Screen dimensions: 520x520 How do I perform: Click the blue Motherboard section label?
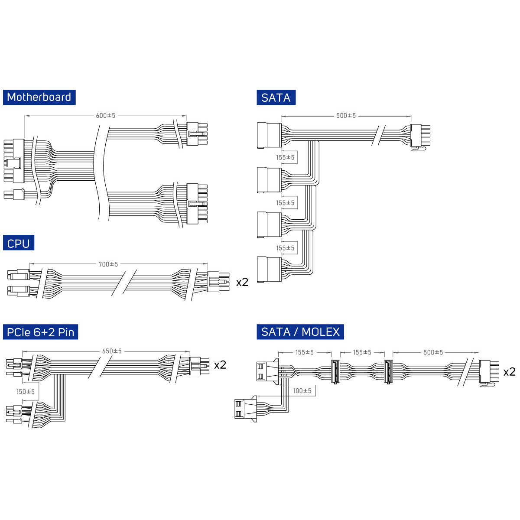point(39,97)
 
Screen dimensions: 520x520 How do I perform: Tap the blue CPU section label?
point(18,243)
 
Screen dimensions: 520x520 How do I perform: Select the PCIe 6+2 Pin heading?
point(40,332)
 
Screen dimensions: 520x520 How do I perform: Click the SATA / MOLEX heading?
point(300,332)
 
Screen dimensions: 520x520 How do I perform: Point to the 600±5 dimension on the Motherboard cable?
point(105,116)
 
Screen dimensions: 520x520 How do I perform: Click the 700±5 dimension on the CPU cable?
point(108,264)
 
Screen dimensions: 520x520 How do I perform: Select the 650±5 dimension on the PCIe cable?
point(112,351)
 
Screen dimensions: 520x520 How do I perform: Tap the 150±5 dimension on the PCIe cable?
point(26,392)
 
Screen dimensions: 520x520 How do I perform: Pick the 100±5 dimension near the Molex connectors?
point(302,391)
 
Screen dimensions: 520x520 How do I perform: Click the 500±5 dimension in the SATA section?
point(346,116)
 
